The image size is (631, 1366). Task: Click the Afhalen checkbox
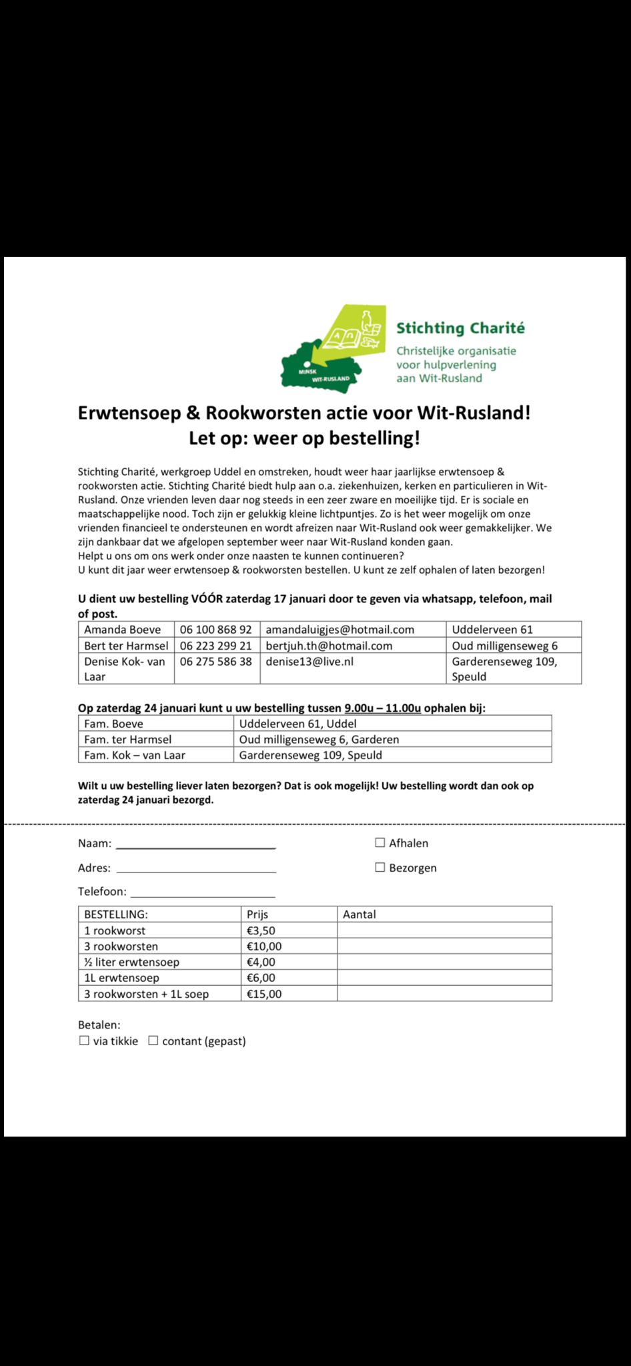click(380, 842)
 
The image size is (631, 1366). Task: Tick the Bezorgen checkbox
click(380, 867)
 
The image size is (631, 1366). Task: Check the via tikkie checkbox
click(84, 1041)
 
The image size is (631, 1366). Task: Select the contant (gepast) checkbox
click(153, 1041)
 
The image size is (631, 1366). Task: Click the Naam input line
click(195, 844)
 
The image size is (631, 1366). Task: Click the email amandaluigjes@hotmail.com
click(340, 630)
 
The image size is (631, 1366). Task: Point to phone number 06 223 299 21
click(215, 646)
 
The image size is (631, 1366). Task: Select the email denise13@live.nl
click(309, 662)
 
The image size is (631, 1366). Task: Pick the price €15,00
click(264, 994)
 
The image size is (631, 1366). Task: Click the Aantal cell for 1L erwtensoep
click(444, 978)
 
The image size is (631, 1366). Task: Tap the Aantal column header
click(360, 914)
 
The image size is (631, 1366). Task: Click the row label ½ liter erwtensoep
click(131, 962)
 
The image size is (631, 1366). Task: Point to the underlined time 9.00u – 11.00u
click(382, 708)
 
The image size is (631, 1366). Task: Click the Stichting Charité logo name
click(460, 328)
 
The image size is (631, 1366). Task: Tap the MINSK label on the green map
click(307, 371)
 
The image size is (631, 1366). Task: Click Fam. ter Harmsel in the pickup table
click(127, 739)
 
